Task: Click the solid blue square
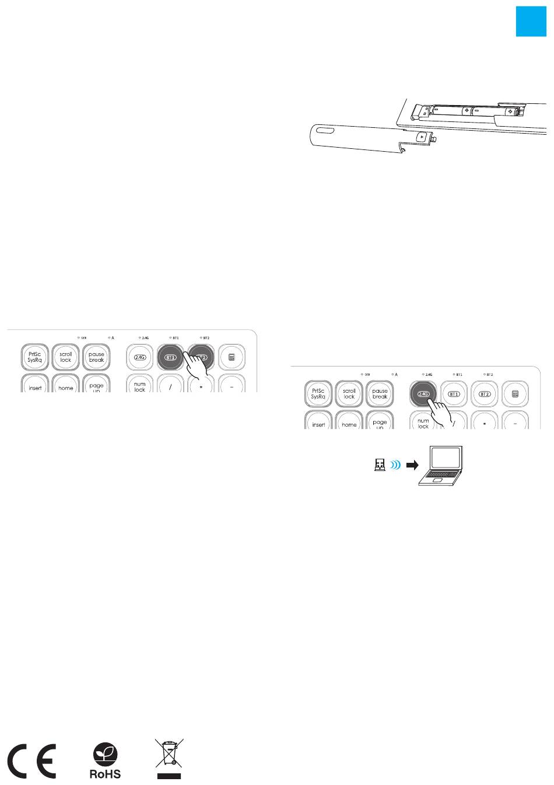coord(531,22)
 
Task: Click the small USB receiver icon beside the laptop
coord(379,465)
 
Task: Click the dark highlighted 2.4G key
coord(423,393)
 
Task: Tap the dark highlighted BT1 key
coord(170,357)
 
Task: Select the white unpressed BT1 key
coord(454,394)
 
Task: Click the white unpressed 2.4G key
coord(139,357)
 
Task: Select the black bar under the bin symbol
coord(169,776)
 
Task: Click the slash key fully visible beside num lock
coord(170,385)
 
